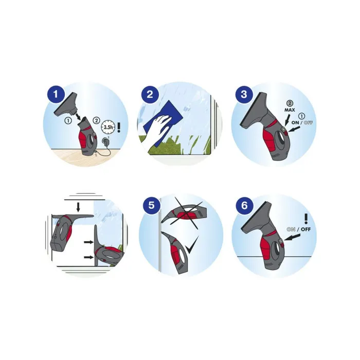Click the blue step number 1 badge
point(56,94)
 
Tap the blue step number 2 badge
point(150,94)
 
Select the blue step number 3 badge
point(244,94)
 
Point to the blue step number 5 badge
point(151,205)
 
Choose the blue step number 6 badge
point(244,205)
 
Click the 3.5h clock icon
point(108,127)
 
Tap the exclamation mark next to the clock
point(119,127)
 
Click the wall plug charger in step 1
point(106,141)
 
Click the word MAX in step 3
point(290,110)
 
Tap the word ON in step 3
point(295,122)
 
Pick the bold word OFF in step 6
point(305,229)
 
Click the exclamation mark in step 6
point(306,219)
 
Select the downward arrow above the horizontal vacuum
point(78,207)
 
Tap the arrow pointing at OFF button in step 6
point(292,237)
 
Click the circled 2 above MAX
point(290,103)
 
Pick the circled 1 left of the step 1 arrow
point(68,120)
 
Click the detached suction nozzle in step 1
point(66,105)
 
